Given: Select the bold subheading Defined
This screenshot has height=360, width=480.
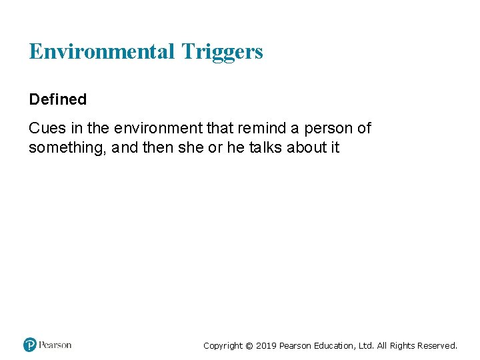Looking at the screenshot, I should coord(57,99).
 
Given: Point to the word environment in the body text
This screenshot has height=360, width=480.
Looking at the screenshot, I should coord(157,128).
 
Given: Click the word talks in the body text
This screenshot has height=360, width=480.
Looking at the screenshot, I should coord(265,147).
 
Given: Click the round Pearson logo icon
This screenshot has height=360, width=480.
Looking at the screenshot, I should coord(30,345).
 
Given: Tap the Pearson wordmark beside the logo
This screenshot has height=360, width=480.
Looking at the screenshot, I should coord(55,345).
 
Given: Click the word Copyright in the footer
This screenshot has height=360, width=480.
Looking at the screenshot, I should coord(223,345).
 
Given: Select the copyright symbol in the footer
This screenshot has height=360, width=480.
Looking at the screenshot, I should coord(249,346).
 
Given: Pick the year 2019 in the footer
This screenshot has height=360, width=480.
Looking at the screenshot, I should coord(266,345).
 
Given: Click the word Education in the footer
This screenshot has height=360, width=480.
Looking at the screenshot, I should coord(336,345).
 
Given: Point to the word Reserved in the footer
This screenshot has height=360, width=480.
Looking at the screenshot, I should coord(437,345).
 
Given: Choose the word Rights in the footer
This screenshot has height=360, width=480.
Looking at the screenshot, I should coord(402,345).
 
